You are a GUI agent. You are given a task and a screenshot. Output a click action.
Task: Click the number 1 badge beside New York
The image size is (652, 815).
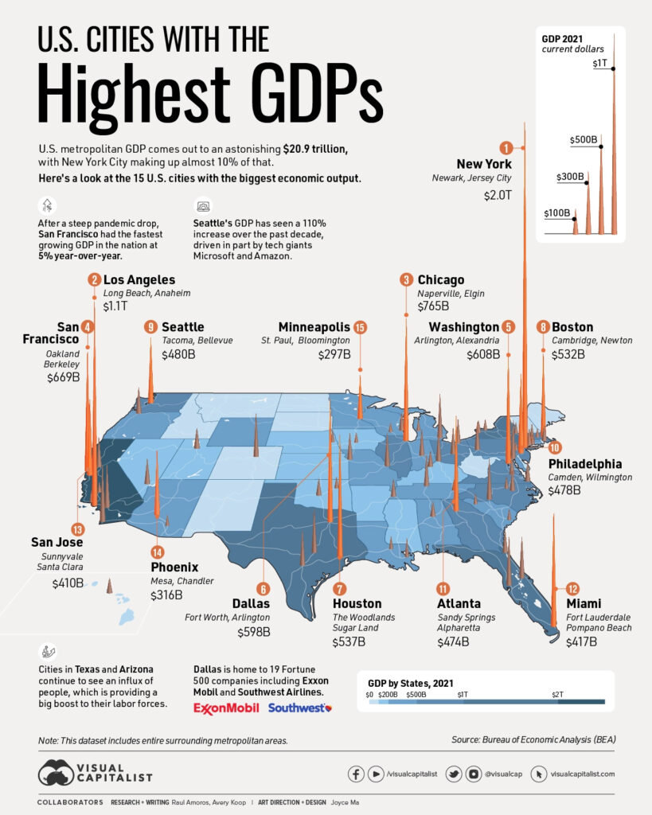[505, 147]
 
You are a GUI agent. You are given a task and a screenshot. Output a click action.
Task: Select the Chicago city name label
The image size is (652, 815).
[440, 279]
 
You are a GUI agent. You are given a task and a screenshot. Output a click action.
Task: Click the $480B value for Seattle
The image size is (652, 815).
[178, 354]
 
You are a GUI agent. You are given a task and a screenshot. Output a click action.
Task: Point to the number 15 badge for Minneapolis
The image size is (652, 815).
[360, 327]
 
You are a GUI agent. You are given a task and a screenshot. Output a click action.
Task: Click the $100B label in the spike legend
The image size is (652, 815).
[557, 213]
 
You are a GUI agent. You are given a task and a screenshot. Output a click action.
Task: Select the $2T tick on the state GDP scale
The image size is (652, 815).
[558, 694]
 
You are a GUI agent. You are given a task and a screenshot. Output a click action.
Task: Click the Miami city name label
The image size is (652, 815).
[584, 604]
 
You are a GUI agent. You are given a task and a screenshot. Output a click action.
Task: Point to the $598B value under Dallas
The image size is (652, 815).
[254, 632]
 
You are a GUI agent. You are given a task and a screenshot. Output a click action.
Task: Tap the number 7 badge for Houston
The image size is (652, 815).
[340, 589]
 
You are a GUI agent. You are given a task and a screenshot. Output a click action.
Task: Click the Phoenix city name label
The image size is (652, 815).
[174, 567]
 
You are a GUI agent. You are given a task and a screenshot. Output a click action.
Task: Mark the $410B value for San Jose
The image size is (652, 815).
[68, 583]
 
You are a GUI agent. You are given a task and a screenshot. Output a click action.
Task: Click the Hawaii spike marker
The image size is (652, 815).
[110, 587]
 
